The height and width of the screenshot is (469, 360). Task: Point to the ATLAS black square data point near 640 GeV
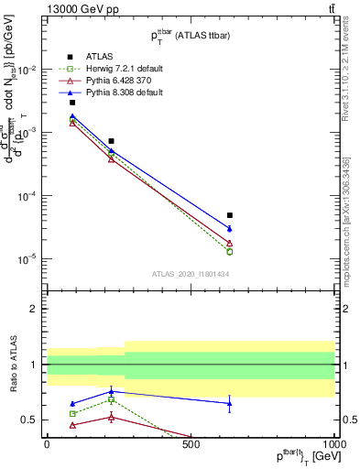tap(230, 215)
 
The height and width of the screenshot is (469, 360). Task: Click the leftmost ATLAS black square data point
tap(72, 103)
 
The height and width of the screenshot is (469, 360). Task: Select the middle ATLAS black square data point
tap(111, 141)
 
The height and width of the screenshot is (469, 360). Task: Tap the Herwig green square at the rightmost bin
tap(230, 251)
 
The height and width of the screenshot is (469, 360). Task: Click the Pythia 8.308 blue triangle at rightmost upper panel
tap(230, 228)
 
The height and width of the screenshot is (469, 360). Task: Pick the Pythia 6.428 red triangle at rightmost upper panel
tap(230, 243)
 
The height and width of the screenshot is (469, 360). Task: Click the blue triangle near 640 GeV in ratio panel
tap(230, 403)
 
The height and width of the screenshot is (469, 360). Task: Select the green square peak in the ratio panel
tap(111, 399)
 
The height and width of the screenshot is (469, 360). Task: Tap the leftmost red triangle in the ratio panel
tap(72, 425)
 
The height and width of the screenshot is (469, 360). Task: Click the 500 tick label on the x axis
tap(191, 444)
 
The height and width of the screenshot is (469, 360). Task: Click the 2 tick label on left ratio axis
tap(36, 310)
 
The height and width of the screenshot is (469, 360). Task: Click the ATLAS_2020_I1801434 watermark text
tap(191, 274)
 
